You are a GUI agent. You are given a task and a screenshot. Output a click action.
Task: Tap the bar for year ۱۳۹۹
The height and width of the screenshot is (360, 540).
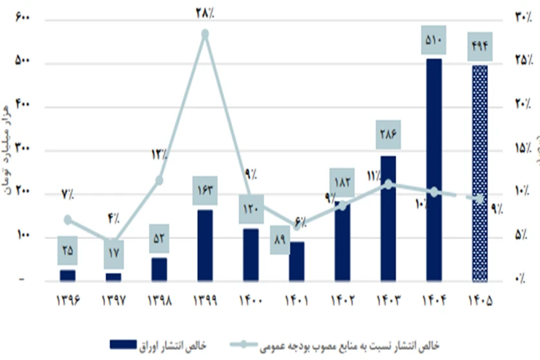click(205, 245)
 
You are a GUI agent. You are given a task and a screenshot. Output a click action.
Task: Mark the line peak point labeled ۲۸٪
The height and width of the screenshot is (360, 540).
click(205, 34)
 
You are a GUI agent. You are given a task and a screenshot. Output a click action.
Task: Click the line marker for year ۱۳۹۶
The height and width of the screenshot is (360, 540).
click(68, 220)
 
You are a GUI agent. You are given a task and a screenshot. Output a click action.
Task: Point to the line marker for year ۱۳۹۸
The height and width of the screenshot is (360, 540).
click(159, 180)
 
